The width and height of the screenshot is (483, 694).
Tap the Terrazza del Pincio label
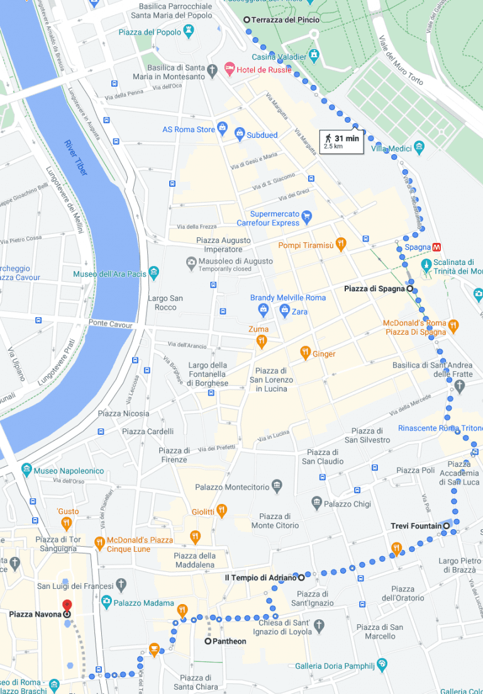point(285,20)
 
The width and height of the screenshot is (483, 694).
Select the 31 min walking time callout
point(341,142)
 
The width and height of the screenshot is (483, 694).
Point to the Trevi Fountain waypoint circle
point(447,526)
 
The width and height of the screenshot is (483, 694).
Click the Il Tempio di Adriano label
point(260,577)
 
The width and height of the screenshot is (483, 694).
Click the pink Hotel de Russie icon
point(230,69)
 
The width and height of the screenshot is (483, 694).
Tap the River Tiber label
point(76,157)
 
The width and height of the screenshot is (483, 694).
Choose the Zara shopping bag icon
point(284,310)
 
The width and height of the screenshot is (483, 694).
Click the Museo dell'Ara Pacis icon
point(154,274)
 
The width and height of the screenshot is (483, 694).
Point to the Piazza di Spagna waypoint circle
point(410,289)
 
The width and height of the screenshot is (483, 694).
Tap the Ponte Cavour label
point(111,325)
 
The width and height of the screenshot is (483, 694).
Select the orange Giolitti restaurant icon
point(221,511)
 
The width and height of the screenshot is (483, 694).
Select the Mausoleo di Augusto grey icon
point(191,262)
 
